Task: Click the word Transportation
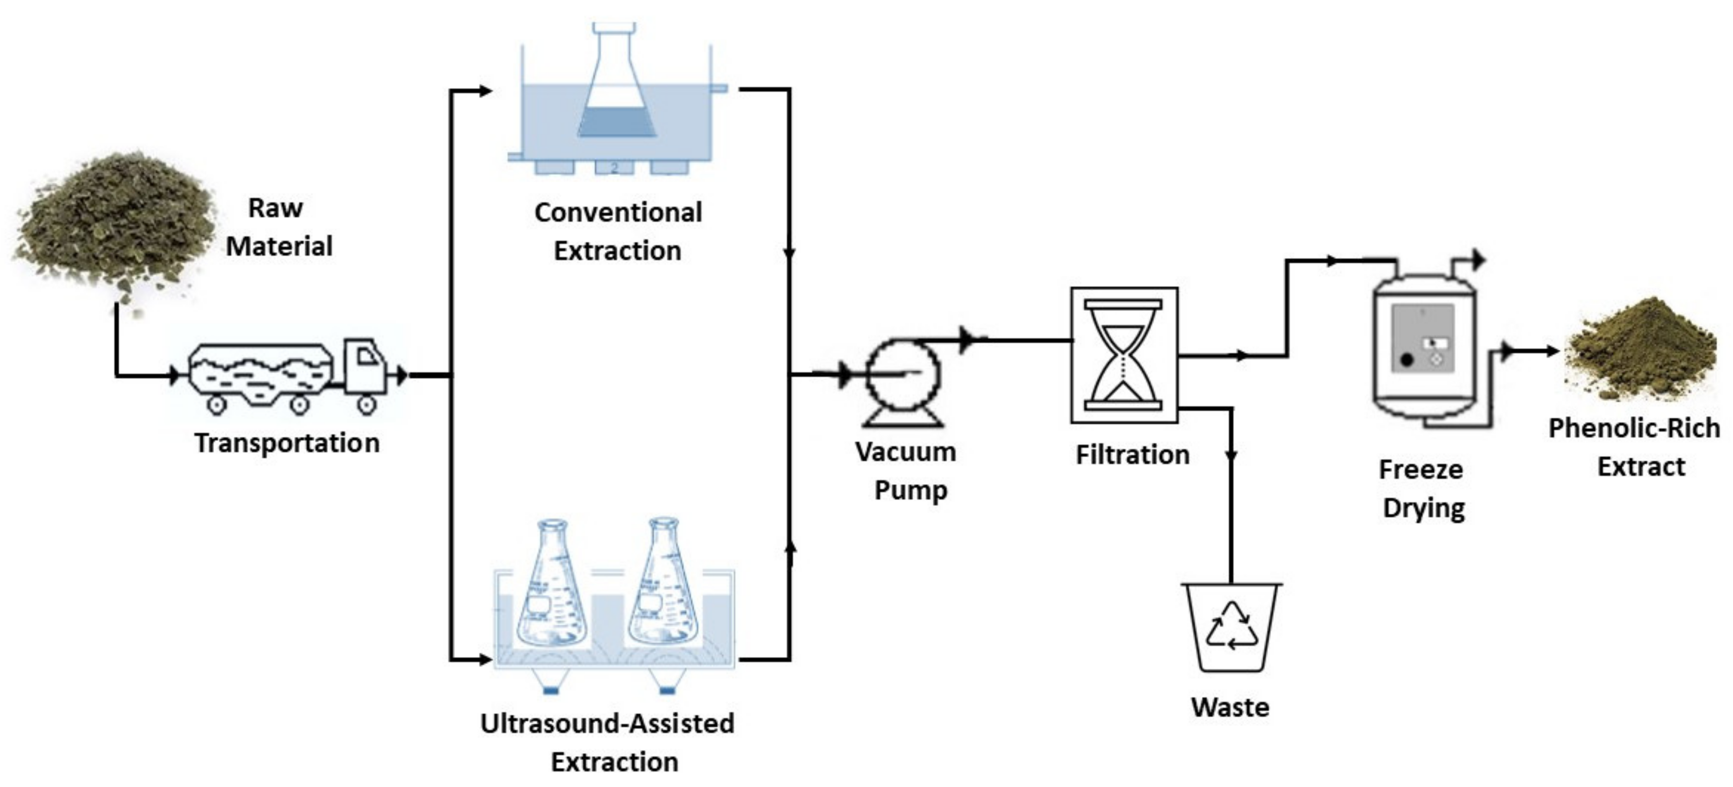click(x=287, y=443)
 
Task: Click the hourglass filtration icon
click(x=1124, y=355)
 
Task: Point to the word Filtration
click(x=1132, y=455)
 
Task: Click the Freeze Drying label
click(x=1422, y=488)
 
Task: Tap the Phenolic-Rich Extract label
click(x=1635, y=447)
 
